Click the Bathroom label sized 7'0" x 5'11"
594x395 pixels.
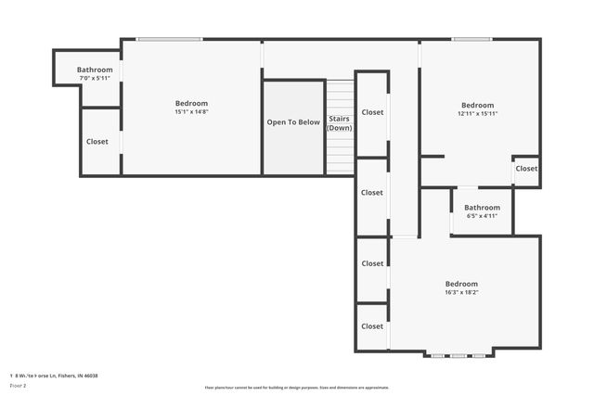tap(95, 70)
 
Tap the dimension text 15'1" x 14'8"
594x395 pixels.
tap(191, 112)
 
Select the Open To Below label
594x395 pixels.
tap(293, 122)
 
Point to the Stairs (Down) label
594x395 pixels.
tap(340, 123)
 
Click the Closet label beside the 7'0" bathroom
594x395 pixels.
tap(97, 142)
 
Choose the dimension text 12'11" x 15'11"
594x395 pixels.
tap(478, 114)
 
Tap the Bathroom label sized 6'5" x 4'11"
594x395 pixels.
tap(483, 208)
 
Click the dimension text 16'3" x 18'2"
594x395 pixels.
tap(461, 293)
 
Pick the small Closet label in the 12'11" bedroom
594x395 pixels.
tap(526, 169)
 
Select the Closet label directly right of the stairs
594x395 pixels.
tap(372, 112)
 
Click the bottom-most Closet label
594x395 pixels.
tap(372, 326)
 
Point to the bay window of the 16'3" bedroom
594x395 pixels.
tap(460, 355)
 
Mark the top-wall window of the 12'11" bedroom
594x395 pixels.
tap(472, 39)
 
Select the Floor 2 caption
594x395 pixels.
tap(18, 385)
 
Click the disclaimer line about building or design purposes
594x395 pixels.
tap(297, 388)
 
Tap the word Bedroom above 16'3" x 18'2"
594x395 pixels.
tap(461, 284)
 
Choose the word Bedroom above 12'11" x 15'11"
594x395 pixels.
tap(478, 105)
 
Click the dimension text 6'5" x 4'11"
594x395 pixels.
tap(483, 216)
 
